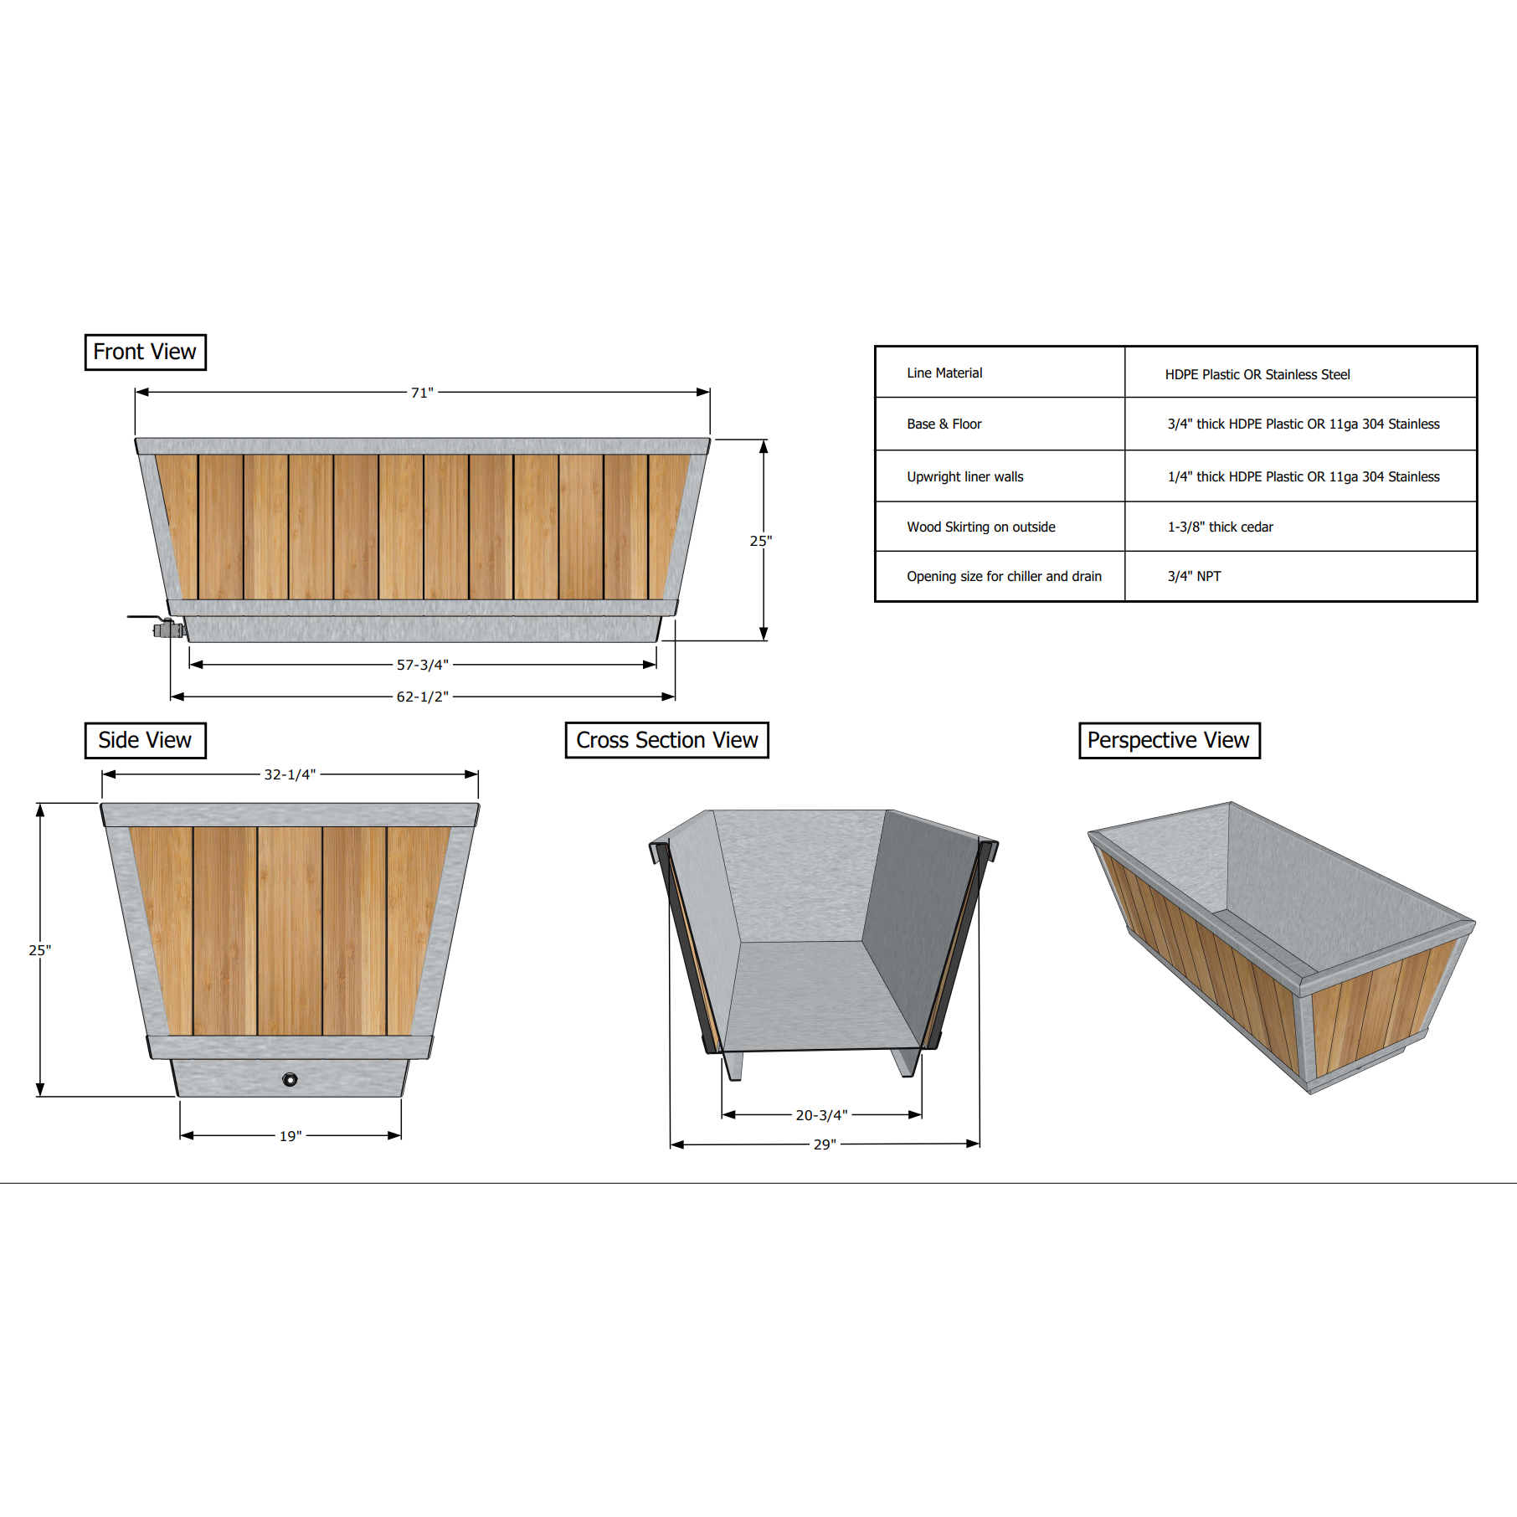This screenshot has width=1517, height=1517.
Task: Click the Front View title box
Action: (x=145, y=352)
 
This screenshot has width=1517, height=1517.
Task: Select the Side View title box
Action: (x=145, y=740)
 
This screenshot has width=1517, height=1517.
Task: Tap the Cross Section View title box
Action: (x=666, y=740)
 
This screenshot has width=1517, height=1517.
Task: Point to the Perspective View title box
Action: (x=1169, y=740)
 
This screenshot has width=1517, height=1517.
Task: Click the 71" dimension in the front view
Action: (x=422, y=393)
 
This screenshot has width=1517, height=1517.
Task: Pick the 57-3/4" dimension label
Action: (x=422, y=665)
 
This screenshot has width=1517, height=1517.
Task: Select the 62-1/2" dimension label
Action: (x=422, y=697)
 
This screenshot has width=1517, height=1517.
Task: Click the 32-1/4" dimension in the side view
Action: (x=290, y=774)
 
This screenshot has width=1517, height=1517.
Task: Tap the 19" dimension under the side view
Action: (x=291, y=1136)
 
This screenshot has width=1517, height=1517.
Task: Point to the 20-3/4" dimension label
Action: (x=821, y=1115)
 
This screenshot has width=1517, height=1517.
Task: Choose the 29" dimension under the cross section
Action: (x=825, y=1144)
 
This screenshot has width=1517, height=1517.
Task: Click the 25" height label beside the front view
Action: (x=760, y=541)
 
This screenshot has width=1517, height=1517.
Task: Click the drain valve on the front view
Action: (x=167, y=628)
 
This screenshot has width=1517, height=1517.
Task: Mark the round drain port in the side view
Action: (x=290, y=1079)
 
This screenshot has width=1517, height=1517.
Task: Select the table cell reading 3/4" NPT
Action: (x=1194, y=576)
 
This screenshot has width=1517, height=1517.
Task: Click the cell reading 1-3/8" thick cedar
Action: (x=1220, y=527)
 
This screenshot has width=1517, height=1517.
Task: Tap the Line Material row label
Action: (x=944, y=373)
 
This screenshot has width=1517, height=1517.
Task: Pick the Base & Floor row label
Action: (x=944, y=424)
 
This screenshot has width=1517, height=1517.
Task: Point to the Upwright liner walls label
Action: (x=964, y=476)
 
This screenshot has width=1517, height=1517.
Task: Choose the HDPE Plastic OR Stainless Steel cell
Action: (x=1257, y=374)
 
